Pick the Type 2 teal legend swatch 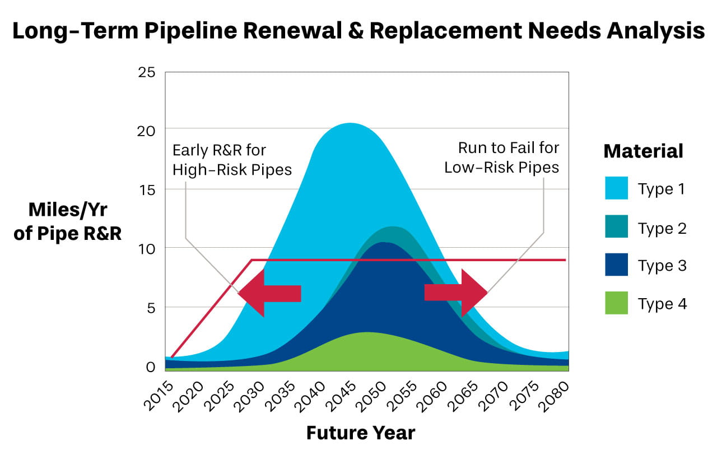616,227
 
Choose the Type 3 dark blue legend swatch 616,265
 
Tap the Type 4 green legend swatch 616,303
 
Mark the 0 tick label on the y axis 150,368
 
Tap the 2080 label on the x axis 557,396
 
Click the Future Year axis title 361,433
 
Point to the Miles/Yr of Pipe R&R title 67,222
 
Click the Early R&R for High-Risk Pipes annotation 232,160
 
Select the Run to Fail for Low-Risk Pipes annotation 502,157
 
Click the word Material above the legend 643,151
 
